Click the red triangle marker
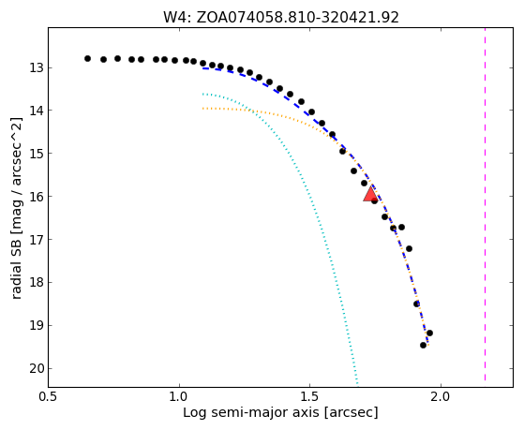pos(370,195)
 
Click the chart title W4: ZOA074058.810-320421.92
pos(281,18)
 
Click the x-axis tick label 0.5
pos(49,397)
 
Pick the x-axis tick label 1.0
pos(179,397)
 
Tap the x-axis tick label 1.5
pos(310,397)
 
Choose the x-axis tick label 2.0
pos(442,397)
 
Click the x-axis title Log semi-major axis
pos(251,413)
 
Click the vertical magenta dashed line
pos(485,204)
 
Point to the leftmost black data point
pos(87,58)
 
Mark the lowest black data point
pos(423,345)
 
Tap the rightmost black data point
pos(429,334)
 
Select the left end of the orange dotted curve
pos(202,109)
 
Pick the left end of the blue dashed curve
pos(202,68)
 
